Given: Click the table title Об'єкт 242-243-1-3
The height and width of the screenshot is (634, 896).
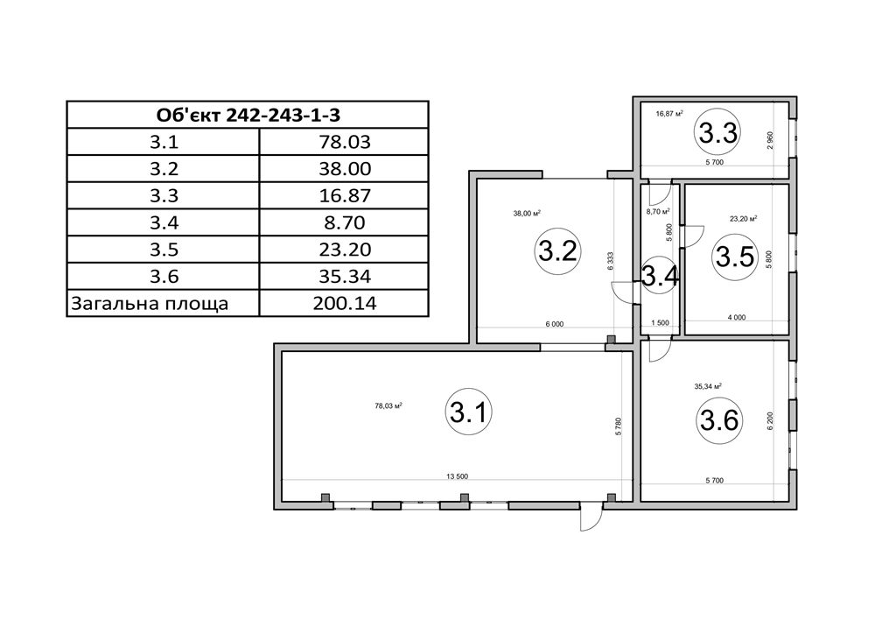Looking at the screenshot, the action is (x=248, y=116).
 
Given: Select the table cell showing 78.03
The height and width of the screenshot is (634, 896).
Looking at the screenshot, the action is (x=345, y=142).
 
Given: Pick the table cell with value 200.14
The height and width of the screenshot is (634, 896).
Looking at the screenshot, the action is (x=345, y=303).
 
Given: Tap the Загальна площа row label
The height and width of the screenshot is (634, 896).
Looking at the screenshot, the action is (x=149, y=304).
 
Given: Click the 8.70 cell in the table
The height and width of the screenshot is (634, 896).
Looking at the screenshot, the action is (x=345, y=222).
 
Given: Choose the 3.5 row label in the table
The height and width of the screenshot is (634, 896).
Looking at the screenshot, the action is (x=164, y=250).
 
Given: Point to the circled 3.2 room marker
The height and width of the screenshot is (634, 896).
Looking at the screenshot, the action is (x=558, y=251).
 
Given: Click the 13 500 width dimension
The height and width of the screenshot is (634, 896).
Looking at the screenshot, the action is (x=457, y=476).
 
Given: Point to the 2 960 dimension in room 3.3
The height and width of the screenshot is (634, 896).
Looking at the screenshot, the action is (x=770, y=141).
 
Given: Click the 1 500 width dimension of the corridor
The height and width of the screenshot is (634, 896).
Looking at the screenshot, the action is (x=660, y=323).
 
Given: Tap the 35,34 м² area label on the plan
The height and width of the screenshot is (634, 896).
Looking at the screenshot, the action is (x=708, y=386).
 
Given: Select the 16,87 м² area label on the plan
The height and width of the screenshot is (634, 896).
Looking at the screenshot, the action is (x=670, y=114).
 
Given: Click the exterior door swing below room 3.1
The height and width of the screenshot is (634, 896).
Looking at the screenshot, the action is (x=591, y=518).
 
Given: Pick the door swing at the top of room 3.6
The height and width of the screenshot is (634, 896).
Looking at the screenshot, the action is (x=656, y=350).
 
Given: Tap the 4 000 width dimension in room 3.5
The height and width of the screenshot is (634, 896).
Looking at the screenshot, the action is (x=737, y=317).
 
